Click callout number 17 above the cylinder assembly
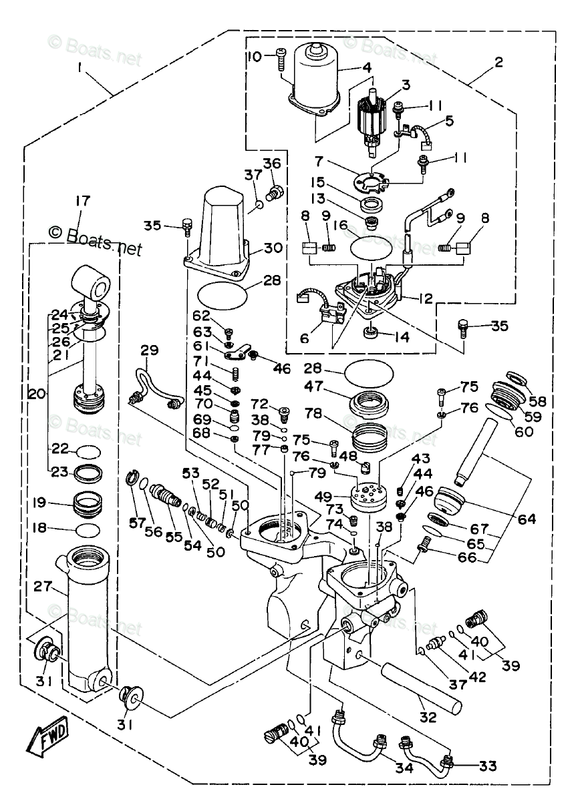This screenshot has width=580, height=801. tap(82, 201)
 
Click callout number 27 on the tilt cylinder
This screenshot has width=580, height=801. tap(43, 587)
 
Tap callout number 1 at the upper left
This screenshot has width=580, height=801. tap(81, 67)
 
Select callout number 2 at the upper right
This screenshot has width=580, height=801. tap(498, 63)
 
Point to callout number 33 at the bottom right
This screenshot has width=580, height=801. tap(488, 766)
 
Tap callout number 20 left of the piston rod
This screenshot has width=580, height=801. tap(37, 394)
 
